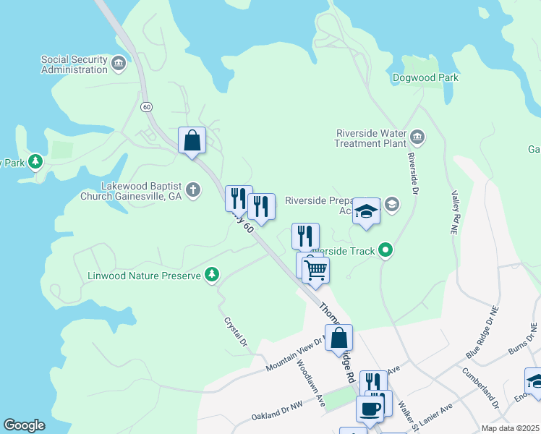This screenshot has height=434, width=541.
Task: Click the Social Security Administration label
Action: [x=74, y=65]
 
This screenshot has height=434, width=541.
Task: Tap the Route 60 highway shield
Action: [x=147, y=106]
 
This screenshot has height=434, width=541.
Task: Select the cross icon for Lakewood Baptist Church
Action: [x=192, y=190]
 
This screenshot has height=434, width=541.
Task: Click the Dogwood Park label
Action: [x=426, y=78]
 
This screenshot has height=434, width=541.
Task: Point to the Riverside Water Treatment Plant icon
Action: [x=417, y=137]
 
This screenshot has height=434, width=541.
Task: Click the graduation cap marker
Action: [x=367, y=212]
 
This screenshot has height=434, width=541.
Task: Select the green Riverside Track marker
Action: [x=385, y=251]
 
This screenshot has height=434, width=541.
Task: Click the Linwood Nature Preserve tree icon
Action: [x=211, y=275]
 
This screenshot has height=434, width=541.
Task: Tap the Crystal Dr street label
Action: [x=236, y=331]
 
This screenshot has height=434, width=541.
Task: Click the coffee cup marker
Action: [x=370, y=409]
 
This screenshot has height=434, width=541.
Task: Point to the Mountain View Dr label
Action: [x=292, y=355]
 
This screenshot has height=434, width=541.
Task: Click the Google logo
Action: [x=25, y=425]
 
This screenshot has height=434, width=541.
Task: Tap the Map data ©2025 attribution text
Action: [x=511, y=428]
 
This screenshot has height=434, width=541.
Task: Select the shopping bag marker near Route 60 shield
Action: [x=192, y=140]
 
